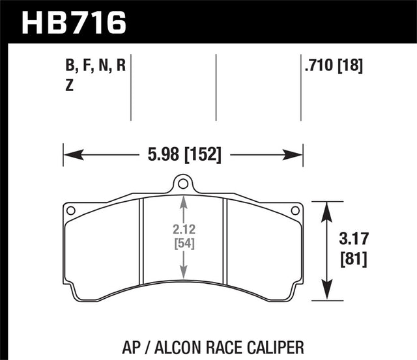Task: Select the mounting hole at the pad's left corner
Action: click(x=70, y=210)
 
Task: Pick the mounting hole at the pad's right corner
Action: click(x=295, y=210)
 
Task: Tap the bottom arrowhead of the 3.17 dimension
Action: click(x=324, y=296)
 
